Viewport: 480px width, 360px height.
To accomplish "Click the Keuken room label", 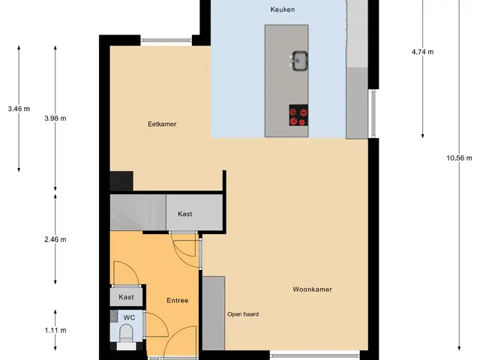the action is (x=282, y=10).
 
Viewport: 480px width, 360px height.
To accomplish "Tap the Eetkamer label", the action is (x=162, y=124).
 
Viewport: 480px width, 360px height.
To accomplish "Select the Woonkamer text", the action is (x=312, y=289).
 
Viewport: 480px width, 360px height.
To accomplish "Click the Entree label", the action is (x=177, y=300).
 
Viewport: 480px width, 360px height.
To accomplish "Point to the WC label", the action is (x=129, y=317).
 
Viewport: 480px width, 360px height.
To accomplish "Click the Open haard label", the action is (x=243, y=314).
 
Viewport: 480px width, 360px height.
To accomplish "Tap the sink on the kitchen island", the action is (x=300, y=61).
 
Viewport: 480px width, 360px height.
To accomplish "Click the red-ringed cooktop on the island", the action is (x=298, y=115).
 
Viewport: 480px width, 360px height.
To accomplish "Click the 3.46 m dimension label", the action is (x=19, y=109).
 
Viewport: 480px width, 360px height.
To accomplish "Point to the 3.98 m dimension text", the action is (x=55, y=118).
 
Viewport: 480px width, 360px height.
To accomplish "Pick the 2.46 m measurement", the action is (x=55, y=239).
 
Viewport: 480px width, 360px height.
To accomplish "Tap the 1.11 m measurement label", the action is (x=55, y=330).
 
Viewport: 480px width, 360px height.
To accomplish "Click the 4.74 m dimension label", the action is (x=423, y=52).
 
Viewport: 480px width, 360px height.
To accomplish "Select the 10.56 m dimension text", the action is (x=459, y=158).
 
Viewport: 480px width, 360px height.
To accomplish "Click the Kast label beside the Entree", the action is (x=126, y=297).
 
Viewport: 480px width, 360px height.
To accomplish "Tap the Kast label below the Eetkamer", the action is (x=185, y=214).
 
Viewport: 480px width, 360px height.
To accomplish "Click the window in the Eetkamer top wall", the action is (x=166, y=40).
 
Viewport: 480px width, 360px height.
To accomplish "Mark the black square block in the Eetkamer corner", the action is (x=121, y=181).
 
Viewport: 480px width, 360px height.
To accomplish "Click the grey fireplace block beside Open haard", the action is (x=214, y=313).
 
